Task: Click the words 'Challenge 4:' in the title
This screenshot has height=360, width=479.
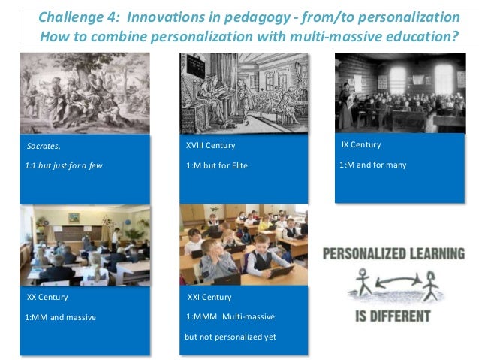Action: click(70, 17)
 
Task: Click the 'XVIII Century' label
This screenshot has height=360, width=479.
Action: click(210, 145)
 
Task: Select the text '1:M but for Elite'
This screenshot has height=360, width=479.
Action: click(217, 165)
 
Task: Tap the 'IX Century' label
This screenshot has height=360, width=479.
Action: click(361, 144)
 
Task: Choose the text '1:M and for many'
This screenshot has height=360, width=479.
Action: click(373, 165)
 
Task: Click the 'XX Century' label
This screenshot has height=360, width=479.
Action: click(47, 297)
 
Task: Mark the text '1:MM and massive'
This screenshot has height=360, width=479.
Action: click(60, 317)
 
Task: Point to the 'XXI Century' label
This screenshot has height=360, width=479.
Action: click(209, 297)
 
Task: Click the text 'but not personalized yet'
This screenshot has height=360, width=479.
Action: click(230, 337)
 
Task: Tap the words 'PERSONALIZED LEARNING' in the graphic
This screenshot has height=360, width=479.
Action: click(393, 254)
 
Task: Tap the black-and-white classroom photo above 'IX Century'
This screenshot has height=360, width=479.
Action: click(399, 91)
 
